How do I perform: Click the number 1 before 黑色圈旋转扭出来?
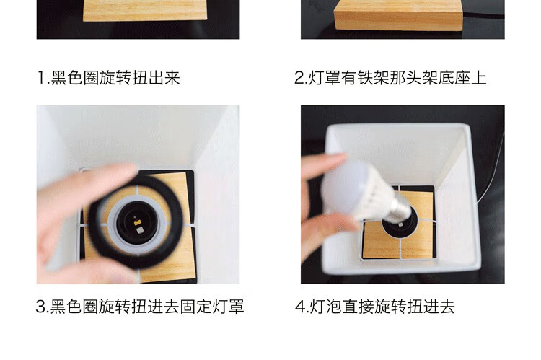coord(41,78)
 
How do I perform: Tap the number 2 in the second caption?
coord(299,78)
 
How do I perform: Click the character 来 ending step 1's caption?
coord(172,78)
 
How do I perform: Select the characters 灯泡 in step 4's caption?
coord(325,307)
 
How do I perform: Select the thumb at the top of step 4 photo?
coord(325,164)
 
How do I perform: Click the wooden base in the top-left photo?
coord(145,10)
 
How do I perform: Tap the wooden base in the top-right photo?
coord(397,16)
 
